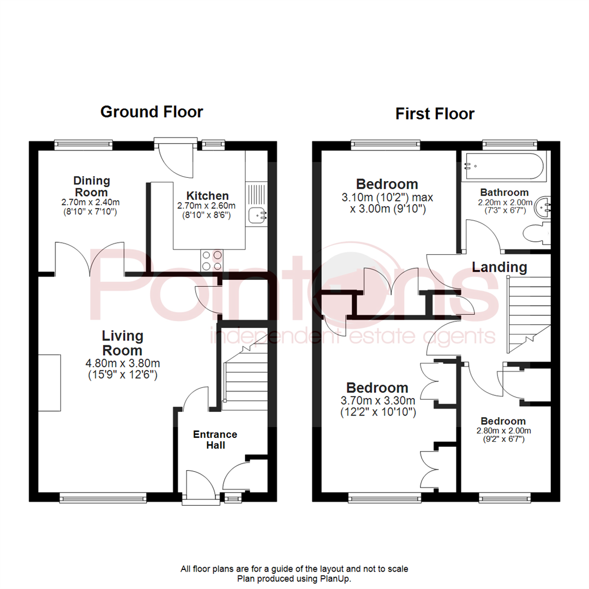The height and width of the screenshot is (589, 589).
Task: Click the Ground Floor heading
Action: [x=152, y=112]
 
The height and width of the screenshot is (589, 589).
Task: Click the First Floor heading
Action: [x=435, y=113]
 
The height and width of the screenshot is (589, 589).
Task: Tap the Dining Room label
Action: [x=92, y=187]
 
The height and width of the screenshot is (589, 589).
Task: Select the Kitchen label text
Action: [x=207, y=196]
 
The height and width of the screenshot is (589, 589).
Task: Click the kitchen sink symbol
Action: [x=256, y=215]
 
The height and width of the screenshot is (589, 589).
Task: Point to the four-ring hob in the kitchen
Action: [x=213, y=260]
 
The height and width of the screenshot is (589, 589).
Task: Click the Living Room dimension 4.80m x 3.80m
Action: [x=123, y=363]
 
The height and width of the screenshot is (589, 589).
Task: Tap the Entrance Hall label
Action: [x=215, y=440]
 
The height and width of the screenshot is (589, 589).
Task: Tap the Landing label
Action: [x=499, y=267]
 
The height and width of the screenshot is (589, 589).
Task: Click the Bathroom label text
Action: [x=504, y=193]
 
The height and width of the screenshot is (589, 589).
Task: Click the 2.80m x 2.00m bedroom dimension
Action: [x=503, y=431]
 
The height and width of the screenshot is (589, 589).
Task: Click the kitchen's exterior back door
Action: [x=176, y=158]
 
